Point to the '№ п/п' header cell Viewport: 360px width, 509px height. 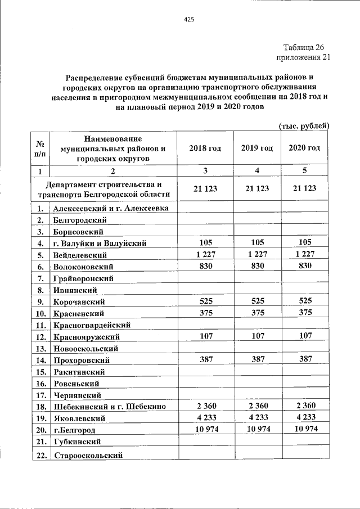coord(39,148)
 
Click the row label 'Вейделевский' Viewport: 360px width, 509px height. coord(80,255)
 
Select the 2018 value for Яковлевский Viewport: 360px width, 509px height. coord(205,418)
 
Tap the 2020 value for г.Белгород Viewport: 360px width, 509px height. coord(304,430)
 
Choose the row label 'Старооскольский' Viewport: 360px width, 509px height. coord(88,454)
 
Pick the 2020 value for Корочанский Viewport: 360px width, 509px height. coord(304,301)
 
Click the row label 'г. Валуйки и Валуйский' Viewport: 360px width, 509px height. coord(100,244)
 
